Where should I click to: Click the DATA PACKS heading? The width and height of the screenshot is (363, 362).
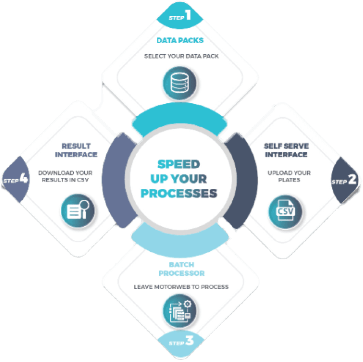pyautogui.click(x=180, y=41)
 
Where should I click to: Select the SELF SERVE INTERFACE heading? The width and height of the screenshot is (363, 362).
pyautogui.click(x=286, y=150)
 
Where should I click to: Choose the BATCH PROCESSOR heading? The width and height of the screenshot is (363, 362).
pyautogui.click(x=181, y=269)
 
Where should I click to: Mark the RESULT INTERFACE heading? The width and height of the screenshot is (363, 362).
pyautogui.click(x=76, y=150)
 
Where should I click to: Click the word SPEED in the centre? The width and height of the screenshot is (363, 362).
pyautogui.click(x=178, y=165)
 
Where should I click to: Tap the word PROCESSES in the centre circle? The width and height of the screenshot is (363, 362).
pyautogui.click(x=179, y=193)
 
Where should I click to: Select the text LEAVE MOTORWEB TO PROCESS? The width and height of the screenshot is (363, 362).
pyautogui.click(x=181, y=287)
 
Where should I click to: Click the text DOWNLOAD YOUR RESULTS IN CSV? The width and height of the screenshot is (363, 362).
pyautogui.click(x=63, y=176)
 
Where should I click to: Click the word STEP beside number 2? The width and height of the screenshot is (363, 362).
pyautogui.click(x=339, y=182)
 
